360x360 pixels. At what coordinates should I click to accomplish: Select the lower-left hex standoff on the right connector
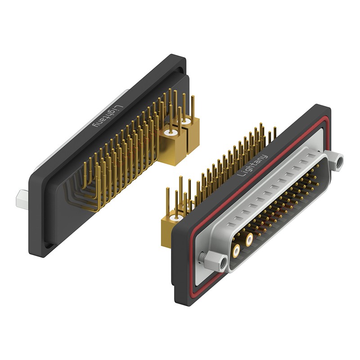[216, 262]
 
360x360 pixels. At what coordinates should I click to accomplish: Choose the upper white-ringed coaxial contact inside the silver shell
[249, 239]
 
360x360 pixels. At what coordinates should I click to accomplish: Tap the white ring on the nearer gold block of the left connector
[170, 133]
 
